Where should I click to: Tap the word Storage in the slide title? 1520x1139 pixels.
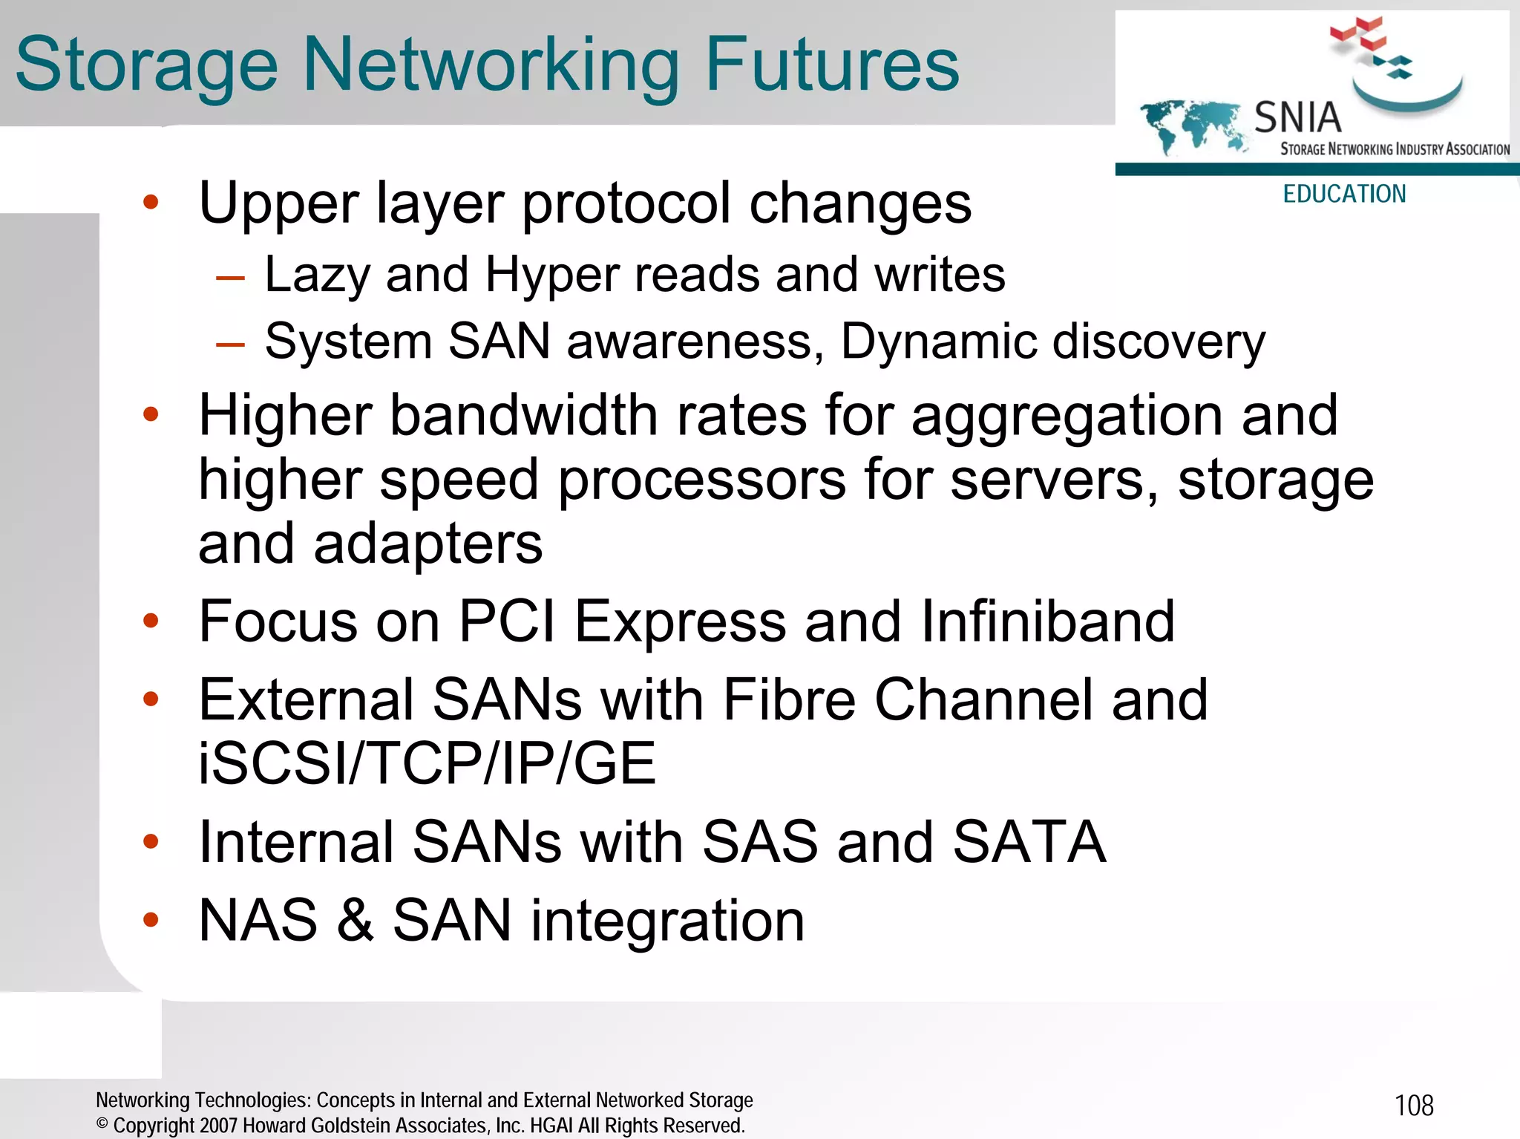pos(146,67)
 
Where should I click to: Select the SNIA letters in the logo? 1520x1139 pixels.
pos(1297,117)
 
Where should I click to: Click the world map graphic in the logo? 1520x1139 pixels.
pos(1192,125)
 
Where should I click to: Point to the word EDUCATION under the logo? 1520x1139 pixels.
pos(1344,194)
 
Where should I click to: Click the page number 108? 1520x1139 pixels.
pos(1414,1106)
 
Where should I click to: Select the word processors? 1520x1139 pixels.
pos(701,480)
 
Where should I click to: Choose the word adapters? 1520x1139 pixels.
pos(428,544)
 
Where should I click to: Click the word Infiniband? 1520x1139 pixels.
pos(1048,621)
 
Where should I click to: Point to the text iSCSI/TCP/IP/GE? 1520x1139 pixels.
pos(427,764)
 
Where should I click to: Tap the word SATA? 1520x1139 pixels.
pos(1029,842)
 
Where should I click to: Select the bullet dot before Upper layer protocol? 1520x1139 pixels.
pos(151,202)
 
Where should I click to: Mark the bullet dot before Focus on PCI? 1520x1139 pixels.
pos(151,621)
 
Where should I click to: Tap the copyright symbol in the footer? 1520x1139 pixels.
pos(102,1124)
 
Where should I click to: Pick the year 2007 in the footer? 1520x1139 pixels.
pos(218,1126)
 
